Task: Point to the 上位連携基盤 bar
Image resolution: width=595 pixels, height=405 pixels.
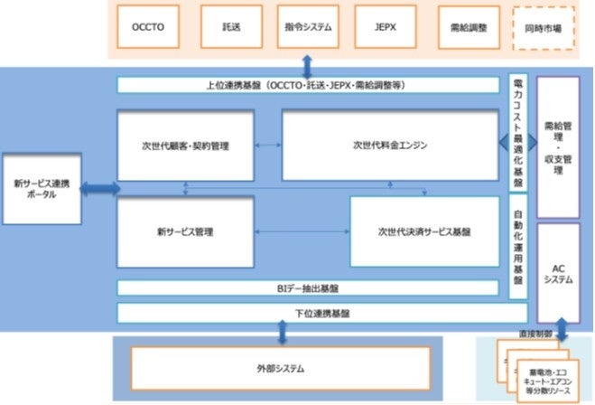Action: tap(308, 85)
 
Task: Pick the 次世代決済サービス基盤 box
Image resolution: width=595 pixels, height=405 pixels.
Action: tap(424, 231)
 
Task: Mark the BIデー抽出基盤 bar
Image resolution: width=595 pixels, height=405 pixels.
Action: tap(308, 288)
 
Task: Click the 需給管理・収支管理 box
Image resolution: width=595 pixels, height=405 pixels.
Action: tap(557, 146)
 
